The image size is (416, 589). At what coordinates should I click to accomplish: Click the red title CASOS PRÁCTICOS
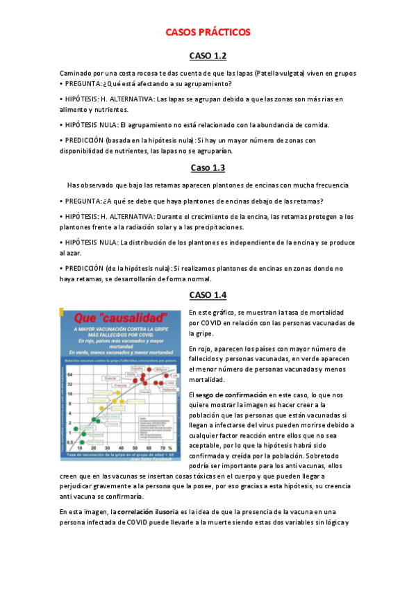coord(208,33)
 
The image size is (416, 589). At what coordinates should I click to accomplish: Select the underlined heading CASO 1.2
coord(208,56)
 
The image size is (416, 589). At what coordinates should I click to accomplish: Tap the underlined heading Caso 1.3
coord(208,167)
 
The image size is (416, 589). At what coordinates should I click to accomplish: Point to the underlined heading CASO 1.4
coord(208,295)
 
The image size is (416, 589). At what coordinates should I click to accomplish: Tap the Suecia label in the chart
coord(109,378)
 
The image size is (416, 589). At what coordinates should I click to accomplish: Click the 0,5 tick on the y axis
coord(69,442)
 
